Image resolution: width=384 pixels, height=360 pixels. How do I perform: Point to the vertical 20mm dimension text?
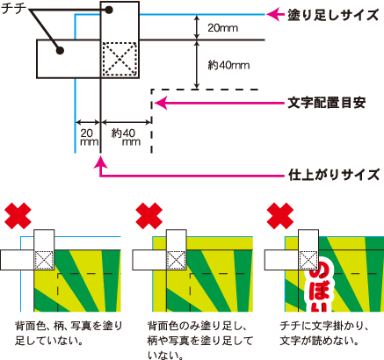[x=221, y=29]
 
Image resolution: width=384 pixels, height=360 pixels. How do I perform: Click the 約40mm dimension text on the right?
[x=228, y=62]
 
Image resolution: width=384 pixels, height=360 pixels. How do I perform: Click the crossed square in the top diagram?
[x=120, y=61]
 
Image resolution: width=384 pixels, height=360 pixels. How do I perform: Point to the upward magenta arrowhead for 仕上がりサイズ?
[x=102, y=162]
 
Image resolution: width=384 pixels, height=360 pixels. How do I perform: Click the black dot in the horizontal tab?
[x=59, y=51]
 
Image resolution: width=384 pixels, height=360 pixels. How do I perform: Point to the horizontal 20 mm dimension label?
[x=88, y=136]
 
